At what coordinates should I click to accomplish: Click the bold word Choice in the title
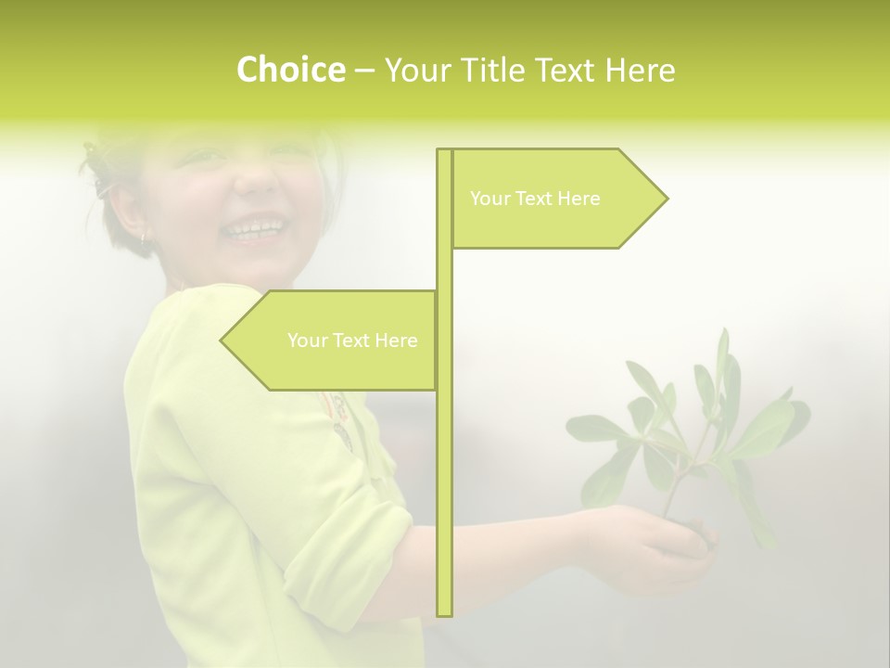[x=290, y=70]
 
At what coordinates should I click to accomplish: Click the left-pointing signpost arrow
[x=334, y=340]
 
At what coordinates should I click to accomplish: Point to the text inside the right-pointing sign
[x=535, y=199]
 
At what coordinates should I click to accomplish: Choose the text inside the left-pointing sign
[x=352, y=340]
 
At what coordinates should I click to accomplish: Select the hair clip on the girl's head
[x=97, y=172]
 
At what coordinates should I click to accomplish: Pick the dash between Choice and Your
[x=363, y=71]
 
